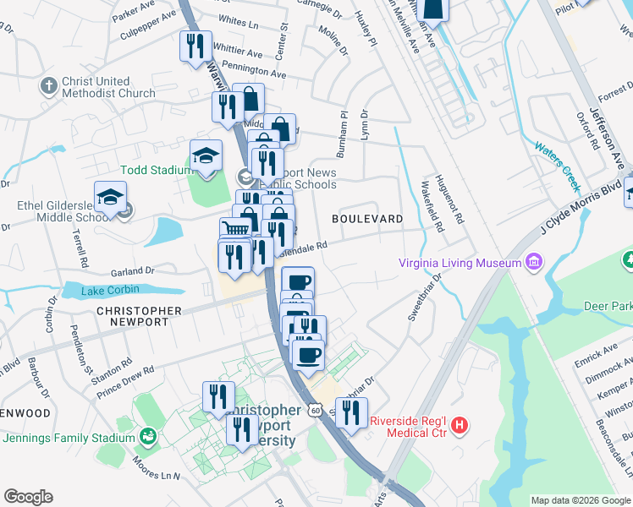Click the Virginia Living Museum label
tap(460, 263)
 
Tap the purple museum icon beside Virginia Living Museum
tap(533, 262)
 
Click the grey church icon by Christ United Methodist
tap(47, 86)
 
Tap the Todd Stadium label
tap(157, 170)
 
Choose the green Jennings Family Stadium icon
tap(149, 437)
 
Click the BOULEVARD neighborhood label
tap(367, 219)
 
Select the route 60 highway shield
tap(315, 410)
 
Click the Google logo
tap(28, 497)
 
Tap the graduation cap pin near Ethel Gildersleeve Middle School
tap(110, 199)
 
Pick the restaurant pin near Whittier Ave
tap(195, 46)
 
